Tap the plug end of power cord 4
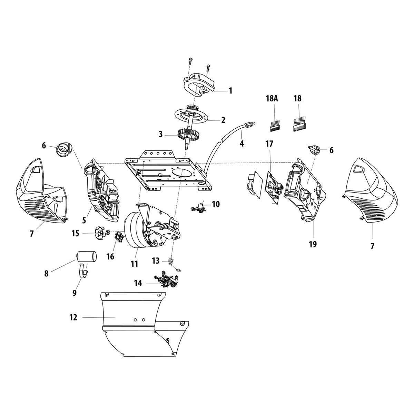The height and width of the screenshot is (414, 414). [249, 125]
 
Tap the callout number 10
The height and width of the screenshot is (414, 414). [216, 204]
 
